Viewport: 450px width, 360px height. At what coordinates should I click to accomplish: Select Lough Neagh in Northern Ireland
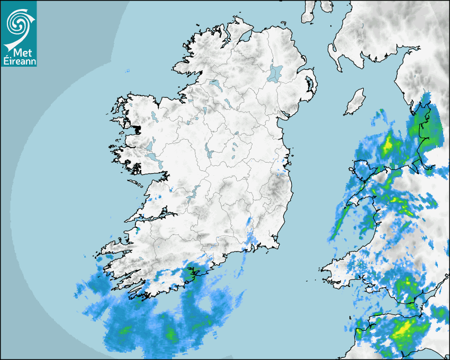275,73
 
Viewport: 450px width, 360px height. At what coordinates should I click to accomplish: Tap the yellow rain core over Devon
403,329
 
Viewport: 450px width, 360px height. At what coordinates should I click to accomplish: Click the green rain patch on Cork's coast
189,274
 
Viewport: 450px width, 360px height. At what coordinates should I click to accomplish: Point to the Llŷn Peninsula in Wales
347,206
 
